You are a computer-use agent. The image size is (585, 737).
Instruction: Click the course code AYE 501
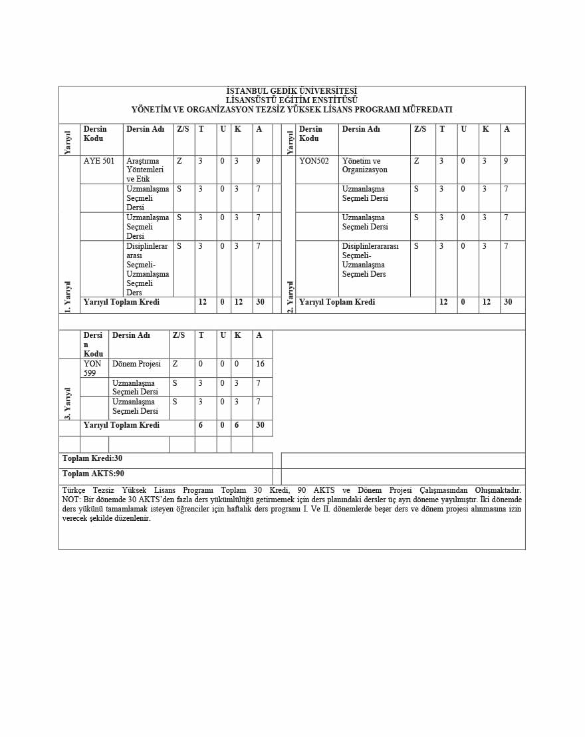tap(99, 161)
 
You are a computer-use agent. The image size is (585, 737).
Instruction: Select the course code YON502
tap(314, 161)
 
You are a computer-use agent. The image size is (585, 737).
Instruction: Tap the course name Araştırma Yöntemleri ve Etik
tap(145, 170)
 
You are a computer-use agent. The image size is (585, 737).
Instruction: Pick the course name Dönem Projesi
tap(136, 364)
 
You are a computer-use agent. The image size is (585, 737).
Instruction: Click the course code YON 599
tap(92, 368)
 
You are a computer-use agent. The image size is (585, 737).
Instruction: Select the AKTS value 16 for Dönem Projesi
tap(260, 364)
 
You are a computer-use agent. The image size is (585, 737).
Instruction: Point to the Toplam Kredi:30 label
tap(92, 458)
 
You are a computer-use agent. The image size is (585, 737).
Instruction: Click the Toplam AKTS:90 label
tap(93, 474)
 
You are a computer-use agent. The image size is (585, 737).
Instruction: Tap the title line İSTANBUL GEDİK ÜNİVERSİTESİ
tap(291, 91)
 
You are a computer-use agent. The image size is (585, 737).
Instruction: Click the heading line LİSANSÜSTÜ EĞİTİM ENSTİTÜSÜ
tap(291, 100)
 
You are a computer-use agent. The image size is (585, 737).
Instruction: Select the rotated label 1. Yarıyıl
tap(68, 296)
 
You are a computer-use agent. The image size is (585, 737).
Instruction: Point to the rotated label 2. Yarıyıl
tap(290, 296)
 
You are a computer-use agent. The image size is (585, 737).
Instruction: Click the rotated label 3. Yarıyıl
tap(68, 403)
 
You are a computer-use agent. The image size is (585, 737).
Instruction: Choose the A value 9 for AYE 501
tap(258, 161)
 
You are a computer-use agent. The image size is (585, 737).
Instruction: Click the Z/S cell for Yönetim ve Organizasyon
tap(416, 161)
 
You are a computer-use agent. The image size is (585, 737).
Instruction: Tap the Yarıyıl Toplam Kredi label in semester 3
tap(122, 425)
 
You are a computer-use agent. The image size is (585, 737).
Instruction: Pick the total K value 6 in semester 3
tap(237, 425)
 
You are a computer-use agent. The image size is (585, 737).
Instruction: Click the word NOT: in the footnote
tap(72, 500)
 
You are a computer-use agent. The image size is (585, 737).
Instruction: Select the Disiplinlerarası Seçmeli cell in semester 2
tap(370, 260)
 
